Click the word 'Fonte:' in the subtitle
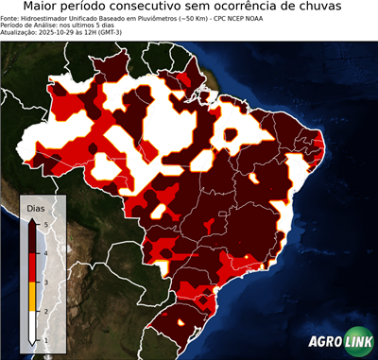(x=10, y=18)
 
